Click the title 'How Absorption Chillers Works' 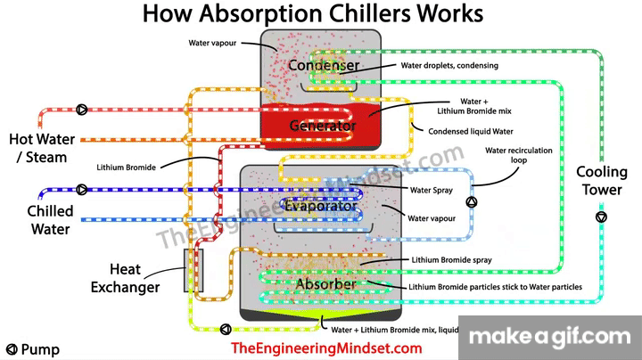point(312,14)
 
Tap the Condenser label point(324,66)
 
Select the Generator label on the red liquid point(322,126)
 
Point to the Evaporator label point(320,207)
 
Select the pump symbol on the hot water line point(81,110)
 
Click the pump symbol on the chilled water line point(82,190)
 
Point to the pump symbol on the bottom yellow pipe point(224,328)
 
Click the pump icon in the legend point(12,350)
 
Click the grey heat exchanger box point(193,270)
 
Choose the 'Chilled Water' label point(50,220)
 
